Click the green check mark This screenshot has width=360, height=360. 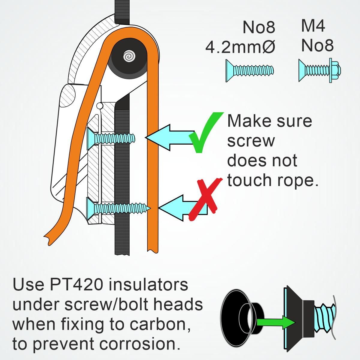(x=205, y=132)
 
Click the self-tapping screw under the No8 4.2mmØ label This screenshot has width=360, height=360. (x=250, y=70)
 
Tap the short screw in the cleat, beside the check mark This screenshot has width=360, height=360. (x=111, y=139)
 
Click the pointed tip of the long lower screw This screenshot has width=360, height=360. (x=150, y=208)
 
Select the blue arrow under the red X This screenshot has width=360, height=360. (x=183, y=208)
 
